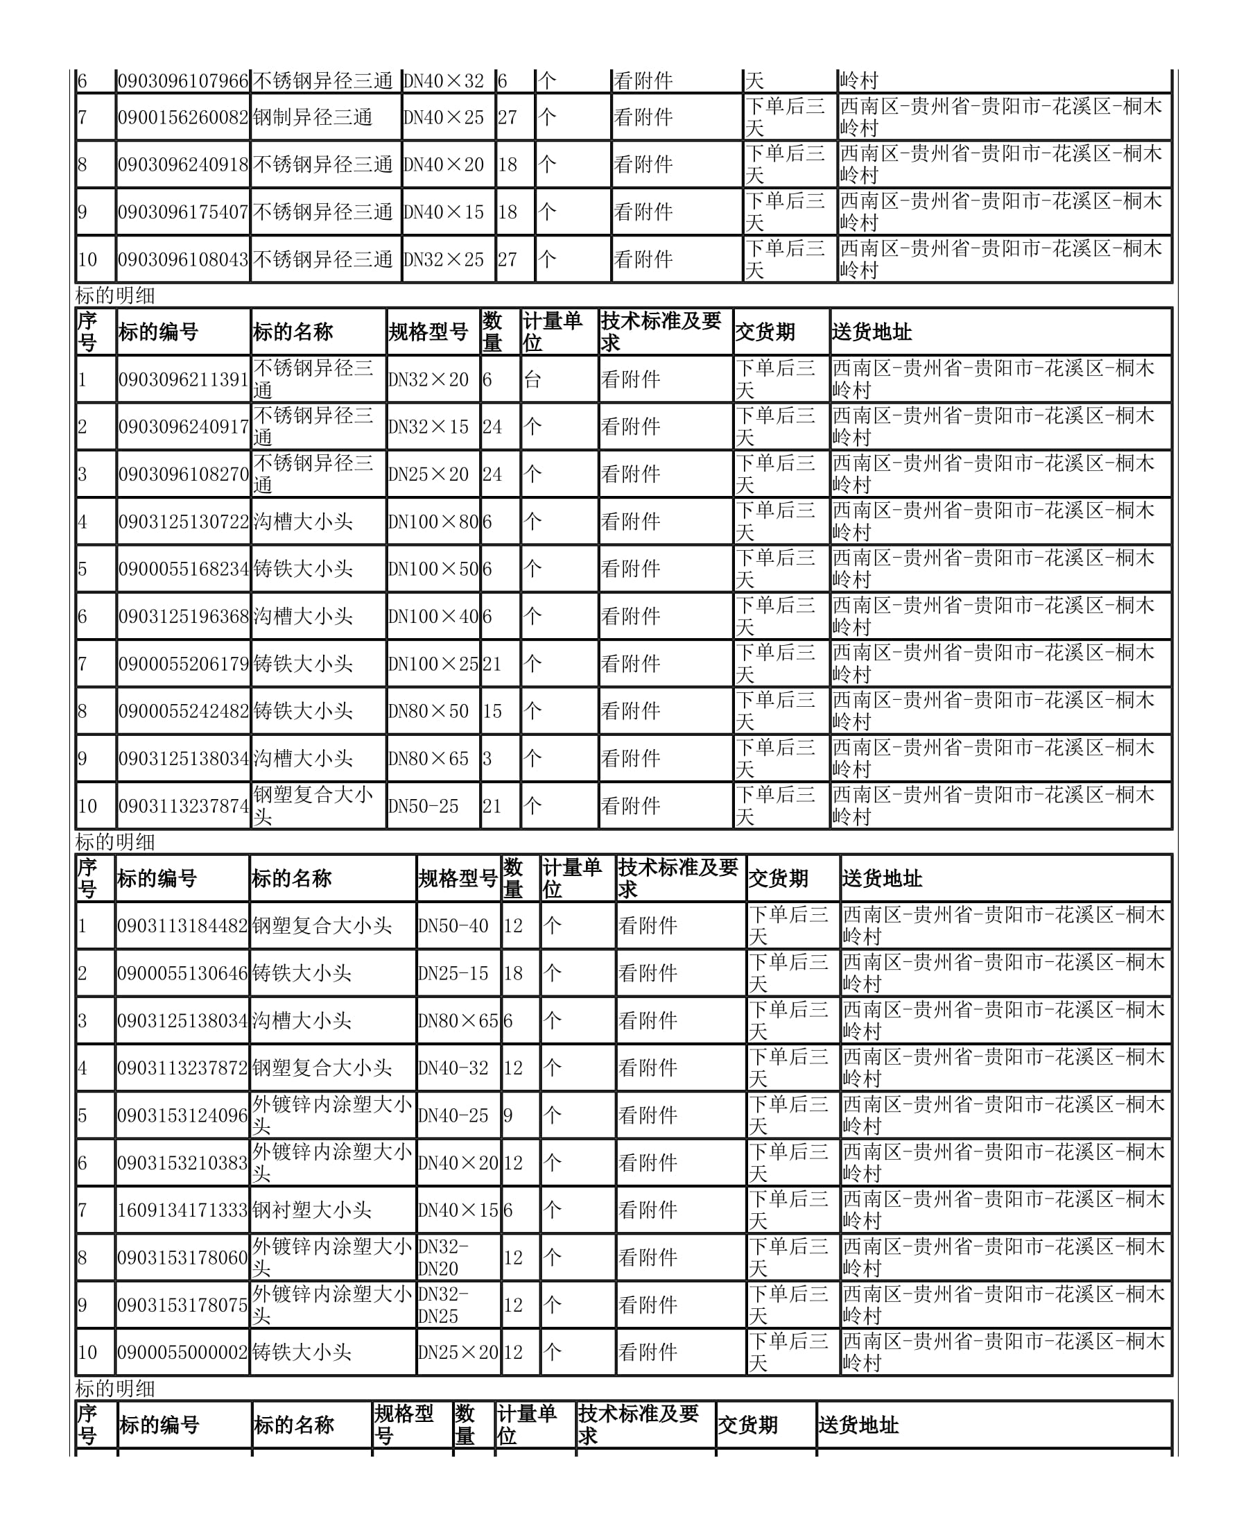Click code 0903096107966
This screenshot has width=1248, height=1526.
pos(182,81)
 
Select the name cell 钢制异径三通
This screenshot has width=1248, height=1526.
pos(313,117)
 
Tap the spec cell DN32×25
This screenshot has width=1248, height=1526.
pos(444,259)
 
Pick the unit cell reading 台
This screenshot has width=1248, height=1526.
pos(532,379)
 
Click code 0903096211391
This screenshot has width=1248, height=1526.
pos(183,379)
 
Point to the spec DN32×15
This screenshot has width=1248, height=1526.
pos(428,427)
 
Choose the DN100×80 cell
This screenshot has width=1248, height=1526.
pos(433,522)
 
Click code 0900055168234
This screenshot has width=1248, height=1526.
pos(183,569)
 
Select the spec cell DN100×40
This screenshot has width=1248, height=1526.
pos(433,617)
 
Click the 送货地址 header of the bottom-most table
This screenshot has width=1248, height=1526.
pos(858,1425)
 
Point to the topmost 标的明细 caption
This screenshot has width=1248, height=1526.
pos(115,295)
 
